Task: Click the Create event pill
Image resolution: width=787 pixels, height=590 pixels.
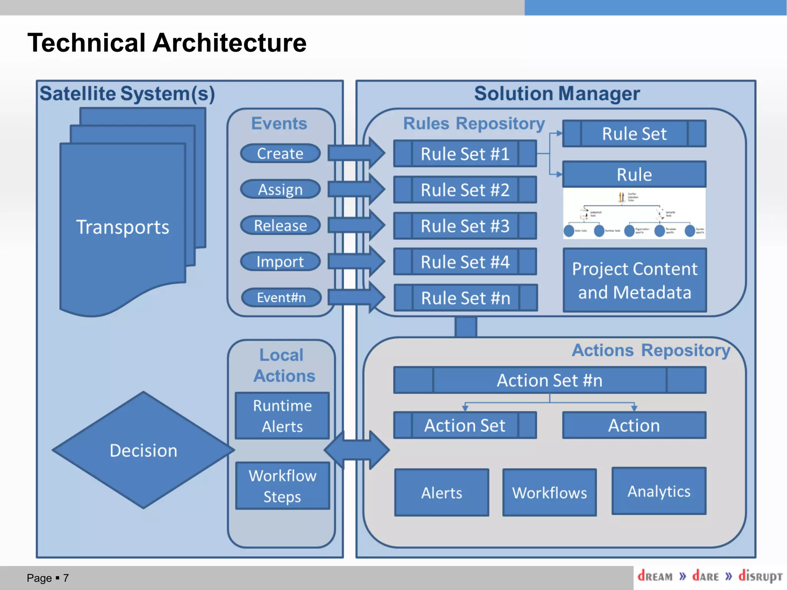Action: pos(280,153)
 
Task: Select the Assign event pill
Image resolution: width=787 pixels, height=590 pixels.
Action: pos(280,189)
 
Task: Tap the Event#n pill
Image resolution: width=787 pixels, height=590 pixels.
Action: pos(281,297)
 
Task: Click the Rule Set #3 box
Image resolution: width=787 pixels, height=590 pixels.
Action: pos(465,226)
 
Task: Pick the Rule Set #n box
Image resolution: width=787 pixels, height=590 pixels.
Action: pos(465,298)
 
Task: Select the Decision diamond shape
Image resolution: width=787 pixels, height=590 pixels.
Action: pos(143,450)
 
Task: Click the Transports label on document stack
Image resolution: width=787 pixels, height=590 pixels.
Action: pos(123,227)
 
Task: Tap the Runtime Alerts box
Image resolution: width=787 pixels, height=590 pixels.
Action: pos(282,416)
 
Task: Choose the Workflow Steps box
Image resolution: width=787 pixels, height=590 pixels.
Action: pos(282,486)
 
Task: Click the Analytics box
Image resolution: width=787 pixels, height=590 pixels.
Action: pos(659,491)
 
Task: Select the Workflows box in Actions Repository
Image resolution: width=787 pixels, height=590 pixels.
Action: pos(550,493)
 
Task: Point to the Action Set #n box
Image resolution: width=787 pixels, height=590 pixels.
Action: pos(550,380)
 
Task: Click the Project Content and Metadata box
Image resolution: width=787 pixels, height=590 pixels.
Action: pos(634,280)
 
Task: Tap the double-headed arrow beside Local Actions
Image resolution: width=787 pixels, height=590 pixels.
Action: pos(357,450)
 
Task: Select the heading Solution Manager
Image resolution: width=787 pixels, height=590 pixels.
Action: pos(557,94)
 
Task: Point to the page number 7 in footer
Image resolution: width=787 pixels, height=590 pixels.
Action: pos(66,578)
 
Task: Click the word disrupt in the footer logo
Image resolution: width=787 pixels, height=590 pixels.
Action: pos(760,576)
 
